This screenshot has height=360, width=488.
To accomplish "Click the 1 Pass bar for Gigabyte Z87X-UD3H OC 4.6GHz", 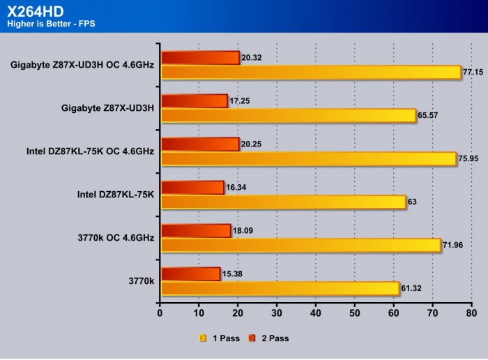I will click(x=311, y=73).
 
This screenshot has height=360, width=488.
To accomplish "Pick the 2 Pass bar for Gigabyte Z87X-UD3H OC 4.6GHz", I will click(x=200, y=58).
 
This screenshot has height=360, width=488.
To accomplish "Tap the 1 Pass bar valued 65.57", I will click(x=289, y=114).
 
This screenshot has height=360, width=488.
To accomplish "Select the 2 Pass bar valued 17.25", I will click(x=195, y=101).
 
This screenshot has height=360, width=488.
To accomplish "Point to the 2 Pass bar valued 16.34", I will click(x=192, y=187).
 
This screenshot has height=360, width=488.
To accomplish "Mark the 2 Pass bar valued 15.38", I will click(x=191, y=274).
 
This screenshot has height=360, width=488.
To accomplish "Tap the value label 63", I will click(x=413, y=202).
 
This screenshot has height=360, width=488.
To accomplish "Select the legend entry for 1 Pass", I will click(x=220, y=338).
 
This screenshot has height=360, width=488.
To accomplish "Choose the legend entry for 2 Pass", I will click(x=268, y=338).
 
